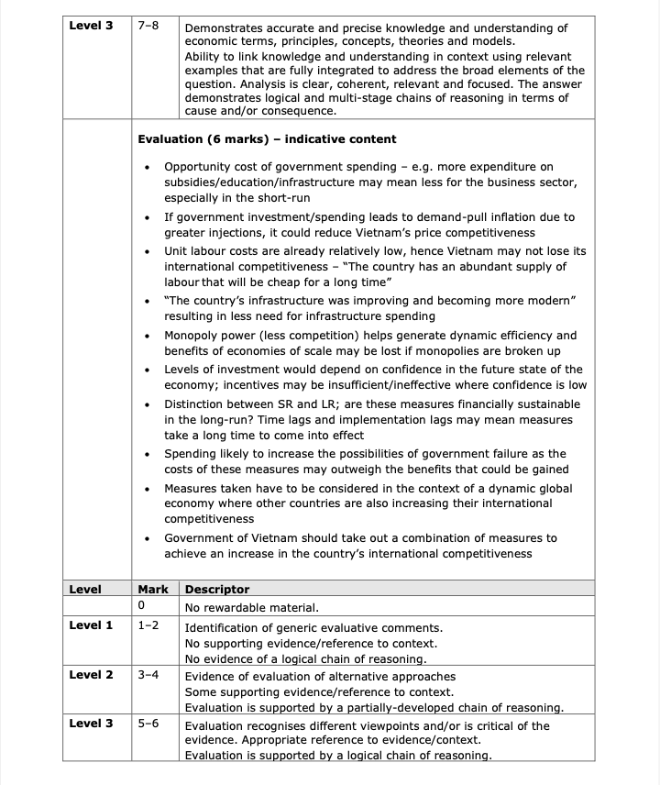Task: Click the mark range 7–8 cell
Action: (148, 26)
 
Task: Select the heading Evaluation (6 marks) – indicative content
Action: (267, 139)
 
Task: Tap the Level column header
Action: (85, 589)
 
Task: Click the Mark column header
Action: (153, 589)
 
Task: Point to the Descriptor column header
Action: (217, 589)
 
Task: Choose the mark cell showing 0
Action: (142, 607)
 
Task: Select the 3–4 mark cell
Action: (148, 675)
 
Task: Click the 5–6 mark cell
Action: (148, 724)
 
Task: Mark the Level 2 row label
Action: (91, 675)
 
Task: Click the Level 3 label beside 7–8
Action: (91, 26)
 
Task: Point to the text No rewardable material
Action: (252, 607)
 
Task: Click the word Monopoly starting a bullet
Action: (193, 336)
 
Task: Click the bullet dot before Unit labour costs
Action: (147, 251)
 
